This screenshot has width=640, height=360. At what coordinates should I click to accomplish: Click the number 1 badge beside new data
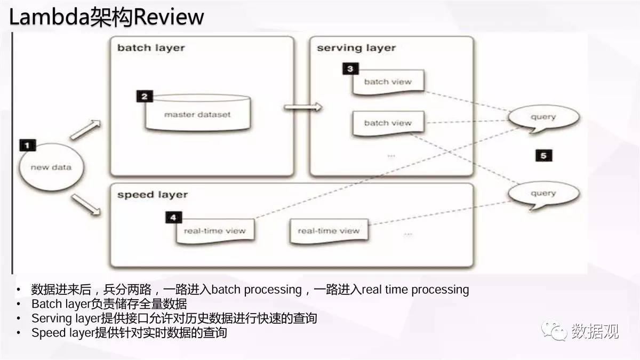pyautogui.click(x=28, y=145)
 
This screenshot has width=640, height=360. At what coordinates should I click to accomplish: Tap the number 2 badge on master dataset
pyautogui.click(x=145, y=97)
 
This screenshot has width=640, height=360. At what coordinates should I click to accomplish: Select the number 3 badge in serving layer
pyautogui.click(x=350, y=69)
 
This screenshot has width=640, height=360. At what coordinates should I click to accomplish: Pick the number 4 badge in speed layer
pyautogui.click(x=173, y=218)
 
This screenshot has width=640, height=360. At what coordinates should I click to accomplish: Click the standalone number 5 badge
pyautogui.click(x=543, y=155)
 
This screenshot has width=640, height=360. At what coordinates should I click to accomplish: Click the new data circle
pyautogui.click(x=51, y=167)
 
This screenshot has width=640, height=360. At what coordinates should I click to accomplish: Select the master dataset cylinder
pyautogui.click(x=198, y=113)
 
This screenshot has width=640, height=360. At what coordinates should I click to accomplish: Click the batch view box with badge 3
pyautogui.click(x=388, y=82)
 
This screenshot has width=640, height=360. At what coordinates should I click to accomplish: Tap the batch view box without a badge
pyautogui.click(x=388, y=123)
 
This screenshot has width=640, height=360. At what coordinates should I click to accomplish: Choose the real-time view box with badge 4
pyautogui.click(x=215, y=231)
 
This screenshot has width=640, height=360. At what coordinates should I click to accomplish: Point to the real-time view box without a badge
pyautogui.click(x=329, y=231)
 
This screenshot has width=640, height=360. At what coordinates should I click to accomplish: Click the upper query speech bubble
pyautogui.click(x=543, y=118)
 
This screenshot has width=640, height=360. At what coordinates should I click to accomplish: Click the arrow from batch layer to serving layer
pyautogui.click(x=303, y=107)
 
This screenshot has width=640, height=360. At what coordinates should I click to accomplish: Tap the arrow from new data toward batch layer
pyautogui.click(x=85, y=130)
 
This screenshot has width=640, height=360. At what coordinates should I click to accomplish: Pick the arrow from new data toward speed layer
pyautogui.click(x=86, y=205)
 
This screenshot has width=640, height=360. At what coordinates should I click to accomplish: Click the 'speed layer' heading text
pyautogui.click(x=153, y=195)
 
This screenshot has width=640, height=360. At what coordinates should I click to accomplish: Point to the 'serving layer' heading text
pyautogui.click(x=356, y=48)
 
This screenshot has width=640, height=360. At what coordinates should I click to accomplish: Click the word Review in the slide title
pyautogui.click(x=169, y=17)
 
